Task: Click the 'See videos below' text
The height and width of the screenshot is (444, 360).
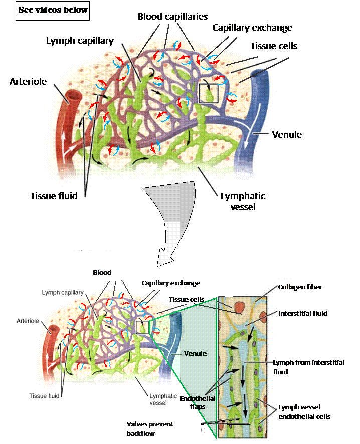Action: (53, 10)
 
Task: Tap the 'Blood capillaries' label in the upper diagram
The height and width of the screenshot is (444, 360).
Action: (172, 16)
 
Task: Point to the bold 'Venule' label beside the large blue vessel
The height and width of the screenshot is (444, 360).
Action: (286, 134)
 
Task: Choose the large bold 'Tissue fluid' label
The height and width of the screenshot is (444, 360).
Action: (53, 196)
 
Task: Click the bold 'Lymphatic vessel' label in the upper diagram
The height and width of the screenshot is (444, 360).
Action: (242, 201)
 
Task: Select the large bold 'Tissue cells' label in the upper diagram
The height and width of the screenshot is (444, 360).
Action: (274, 46)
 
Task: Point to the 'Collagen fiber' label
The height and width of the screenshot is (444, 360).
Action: (300, 287)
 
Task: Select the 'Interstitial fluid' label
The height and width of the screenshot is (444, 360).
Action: (303, 313)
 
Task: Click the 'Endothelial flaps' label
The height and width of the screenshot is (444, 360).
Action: (197, 402)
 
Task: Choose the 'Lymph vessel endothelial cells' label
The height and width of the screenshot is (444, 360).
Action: (301, 412)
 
